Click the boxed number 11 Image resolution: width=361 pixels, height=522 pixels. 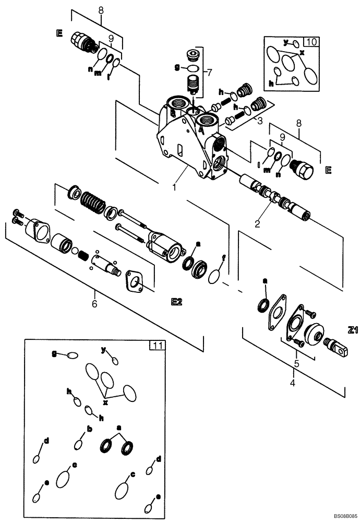157,345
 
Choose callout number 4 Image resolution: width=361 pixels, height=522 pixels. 293,384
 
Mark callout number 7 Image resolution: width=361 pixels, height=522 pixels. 210,70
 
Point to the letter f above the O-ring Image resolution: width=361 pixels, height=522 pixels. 224,257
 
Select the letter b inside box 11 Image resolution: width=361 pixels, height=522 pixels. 89,429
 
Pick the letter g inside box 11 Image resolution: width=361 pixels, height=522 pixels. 54,353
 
